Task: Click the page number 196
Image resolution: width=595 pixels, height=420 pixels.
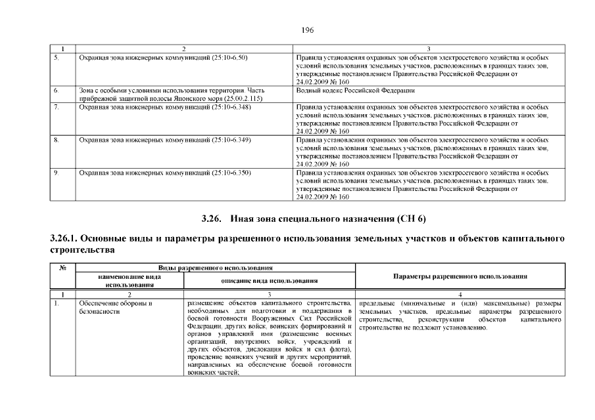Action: (x=307, y=30)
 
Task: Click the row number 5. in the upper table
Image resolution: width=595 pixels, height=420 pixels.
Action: (x=57, y=58)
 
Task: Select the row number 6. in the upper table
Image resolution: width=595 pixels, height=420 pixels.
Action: (x=57, y=90)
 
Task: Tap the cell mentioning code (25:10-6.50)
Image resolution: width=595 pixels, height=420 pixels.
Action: (x=163, y=58)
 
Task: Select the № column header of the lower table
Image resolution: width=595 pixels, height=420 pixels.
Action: (x=64, y=268)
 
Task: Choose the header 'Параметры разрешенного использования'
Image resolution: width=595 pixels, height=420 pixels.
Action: (x=460, y=276)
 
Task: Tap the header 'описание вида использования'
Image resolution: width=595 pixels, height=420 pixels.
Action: (x=270, y=281)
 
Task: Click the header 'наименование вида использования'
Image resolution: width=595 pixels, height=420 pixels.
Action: (x=130, y=281)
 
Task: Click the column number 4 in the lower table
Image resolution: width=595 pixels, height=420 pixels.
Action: (x=460, y=295)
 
